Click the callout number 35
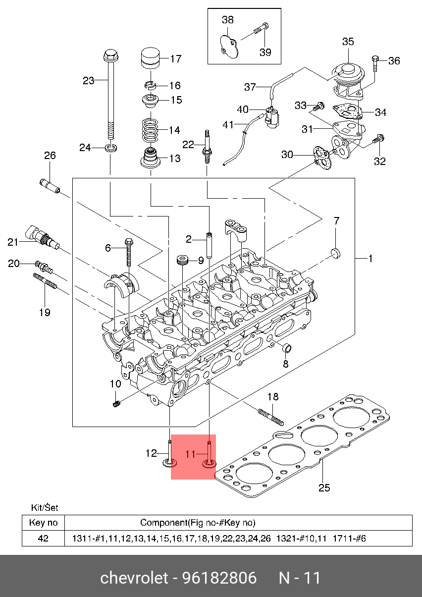click(x=348, y=42)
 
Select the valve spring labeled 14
click(x=150, y=130)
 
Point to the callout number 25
click(x=324, y=488)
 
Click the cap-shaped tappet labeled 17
click(x=150, y=58)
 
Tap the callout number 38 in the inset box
click(x=228, y=20)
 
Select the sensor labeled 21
click(x=42, y=237)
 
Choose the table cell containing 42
click(x=43, y=539)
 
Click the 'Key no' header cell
click(x=43, y=523)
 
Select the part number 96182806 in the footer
click(x=219, y=578)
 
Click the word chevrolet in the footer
click(x=134, y=578)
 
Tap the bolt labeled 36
click(x=375, y=63)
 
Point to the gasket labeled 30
click(x=322, y=157)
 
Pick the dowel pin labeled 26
click(x=50, y=186)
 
